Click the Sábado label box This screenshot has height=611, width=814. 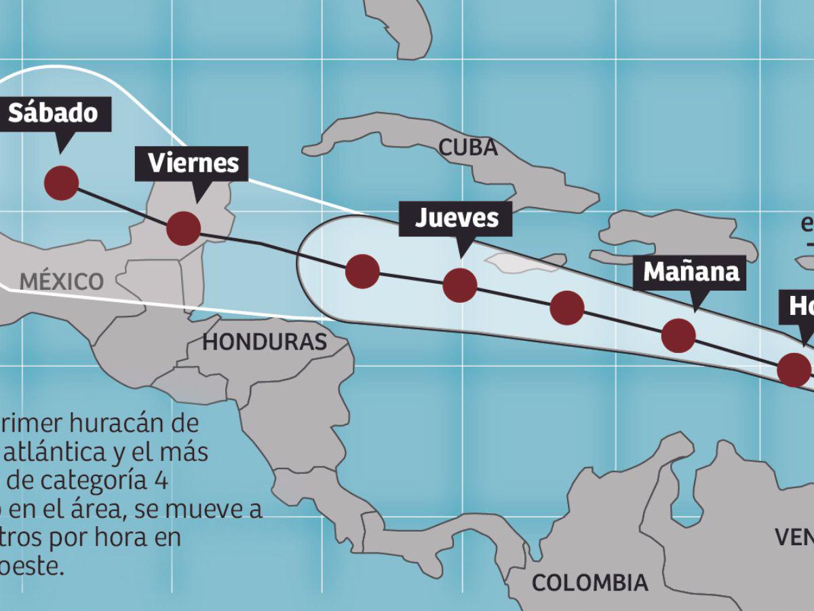point(53,113)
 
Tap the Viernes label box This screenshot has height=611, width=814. point(193,164)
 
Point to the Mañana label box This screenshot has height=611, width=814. point(691,272)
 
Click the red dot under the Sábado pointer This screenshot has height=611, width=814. point(61,183)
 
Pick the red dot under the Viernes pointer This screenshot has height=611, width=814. point(183,228)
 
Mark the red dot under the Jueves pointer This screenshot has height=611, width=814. point(459,284)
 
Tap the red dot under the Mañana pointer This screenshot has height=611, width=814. point(678,335)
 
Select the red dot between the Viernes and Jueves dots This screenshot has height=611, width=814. point(362,272)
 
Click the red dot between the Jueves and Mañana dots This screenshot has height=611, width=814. point(567,308)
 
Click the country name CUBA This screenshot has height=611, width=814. point(468,147)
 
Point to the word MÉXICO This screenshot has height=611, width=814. point(62,281)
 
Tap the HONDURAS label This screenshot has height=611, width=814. point(265,342)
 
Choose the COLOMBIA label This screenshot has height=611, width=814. point(589,582)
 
